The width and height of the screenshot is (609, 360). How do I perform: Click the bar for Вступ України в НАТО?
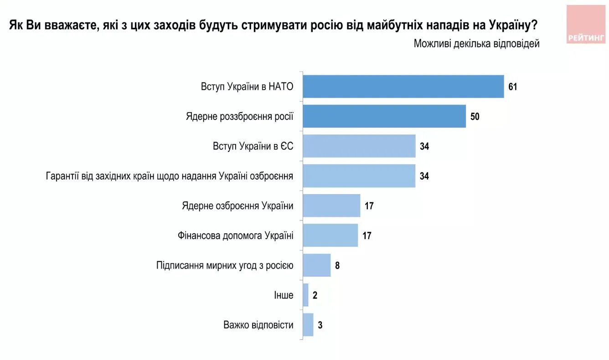point(403,87)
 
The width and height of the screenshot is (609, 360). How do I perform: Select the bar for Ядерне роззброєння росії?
point(384,116)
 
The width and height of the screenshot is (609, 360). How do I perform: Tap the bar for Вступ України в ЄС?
point(359,146)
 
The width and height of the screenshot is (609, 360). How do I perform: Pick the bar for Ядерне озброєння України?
point(331,206)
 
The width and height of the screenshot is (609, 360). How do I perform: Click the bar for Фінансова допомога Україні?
point(330,236)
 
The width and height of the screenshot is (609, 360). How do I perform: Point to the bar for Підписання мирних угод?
point(317,265)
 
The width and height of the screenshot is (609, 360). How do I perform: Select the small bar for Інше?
point(306,295)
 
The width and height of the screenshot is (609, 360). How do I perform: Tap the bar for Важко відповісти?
point(308,325)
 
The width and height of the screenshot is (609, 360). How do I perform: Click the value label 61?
point(513,87)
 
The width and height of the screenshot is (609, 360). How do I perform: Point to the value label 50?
point(475,117)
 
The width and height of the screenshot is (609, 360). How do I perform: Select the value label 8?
point(337,265)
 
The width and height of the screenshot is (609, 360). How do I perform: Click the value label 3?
point(320,325)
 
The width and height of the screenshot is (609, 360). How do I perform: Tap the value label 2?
point(315,295)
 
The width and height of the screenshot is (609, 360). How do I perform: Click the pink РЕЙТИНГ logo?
point(586,25)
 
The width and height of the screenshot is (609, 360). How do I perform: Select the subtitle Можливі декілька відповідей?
point(476,44)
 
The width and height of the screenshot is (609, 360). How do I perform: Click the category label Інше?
point(284,295)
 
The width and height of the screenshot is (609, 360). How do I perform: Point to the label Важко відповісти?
point(258,325)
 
